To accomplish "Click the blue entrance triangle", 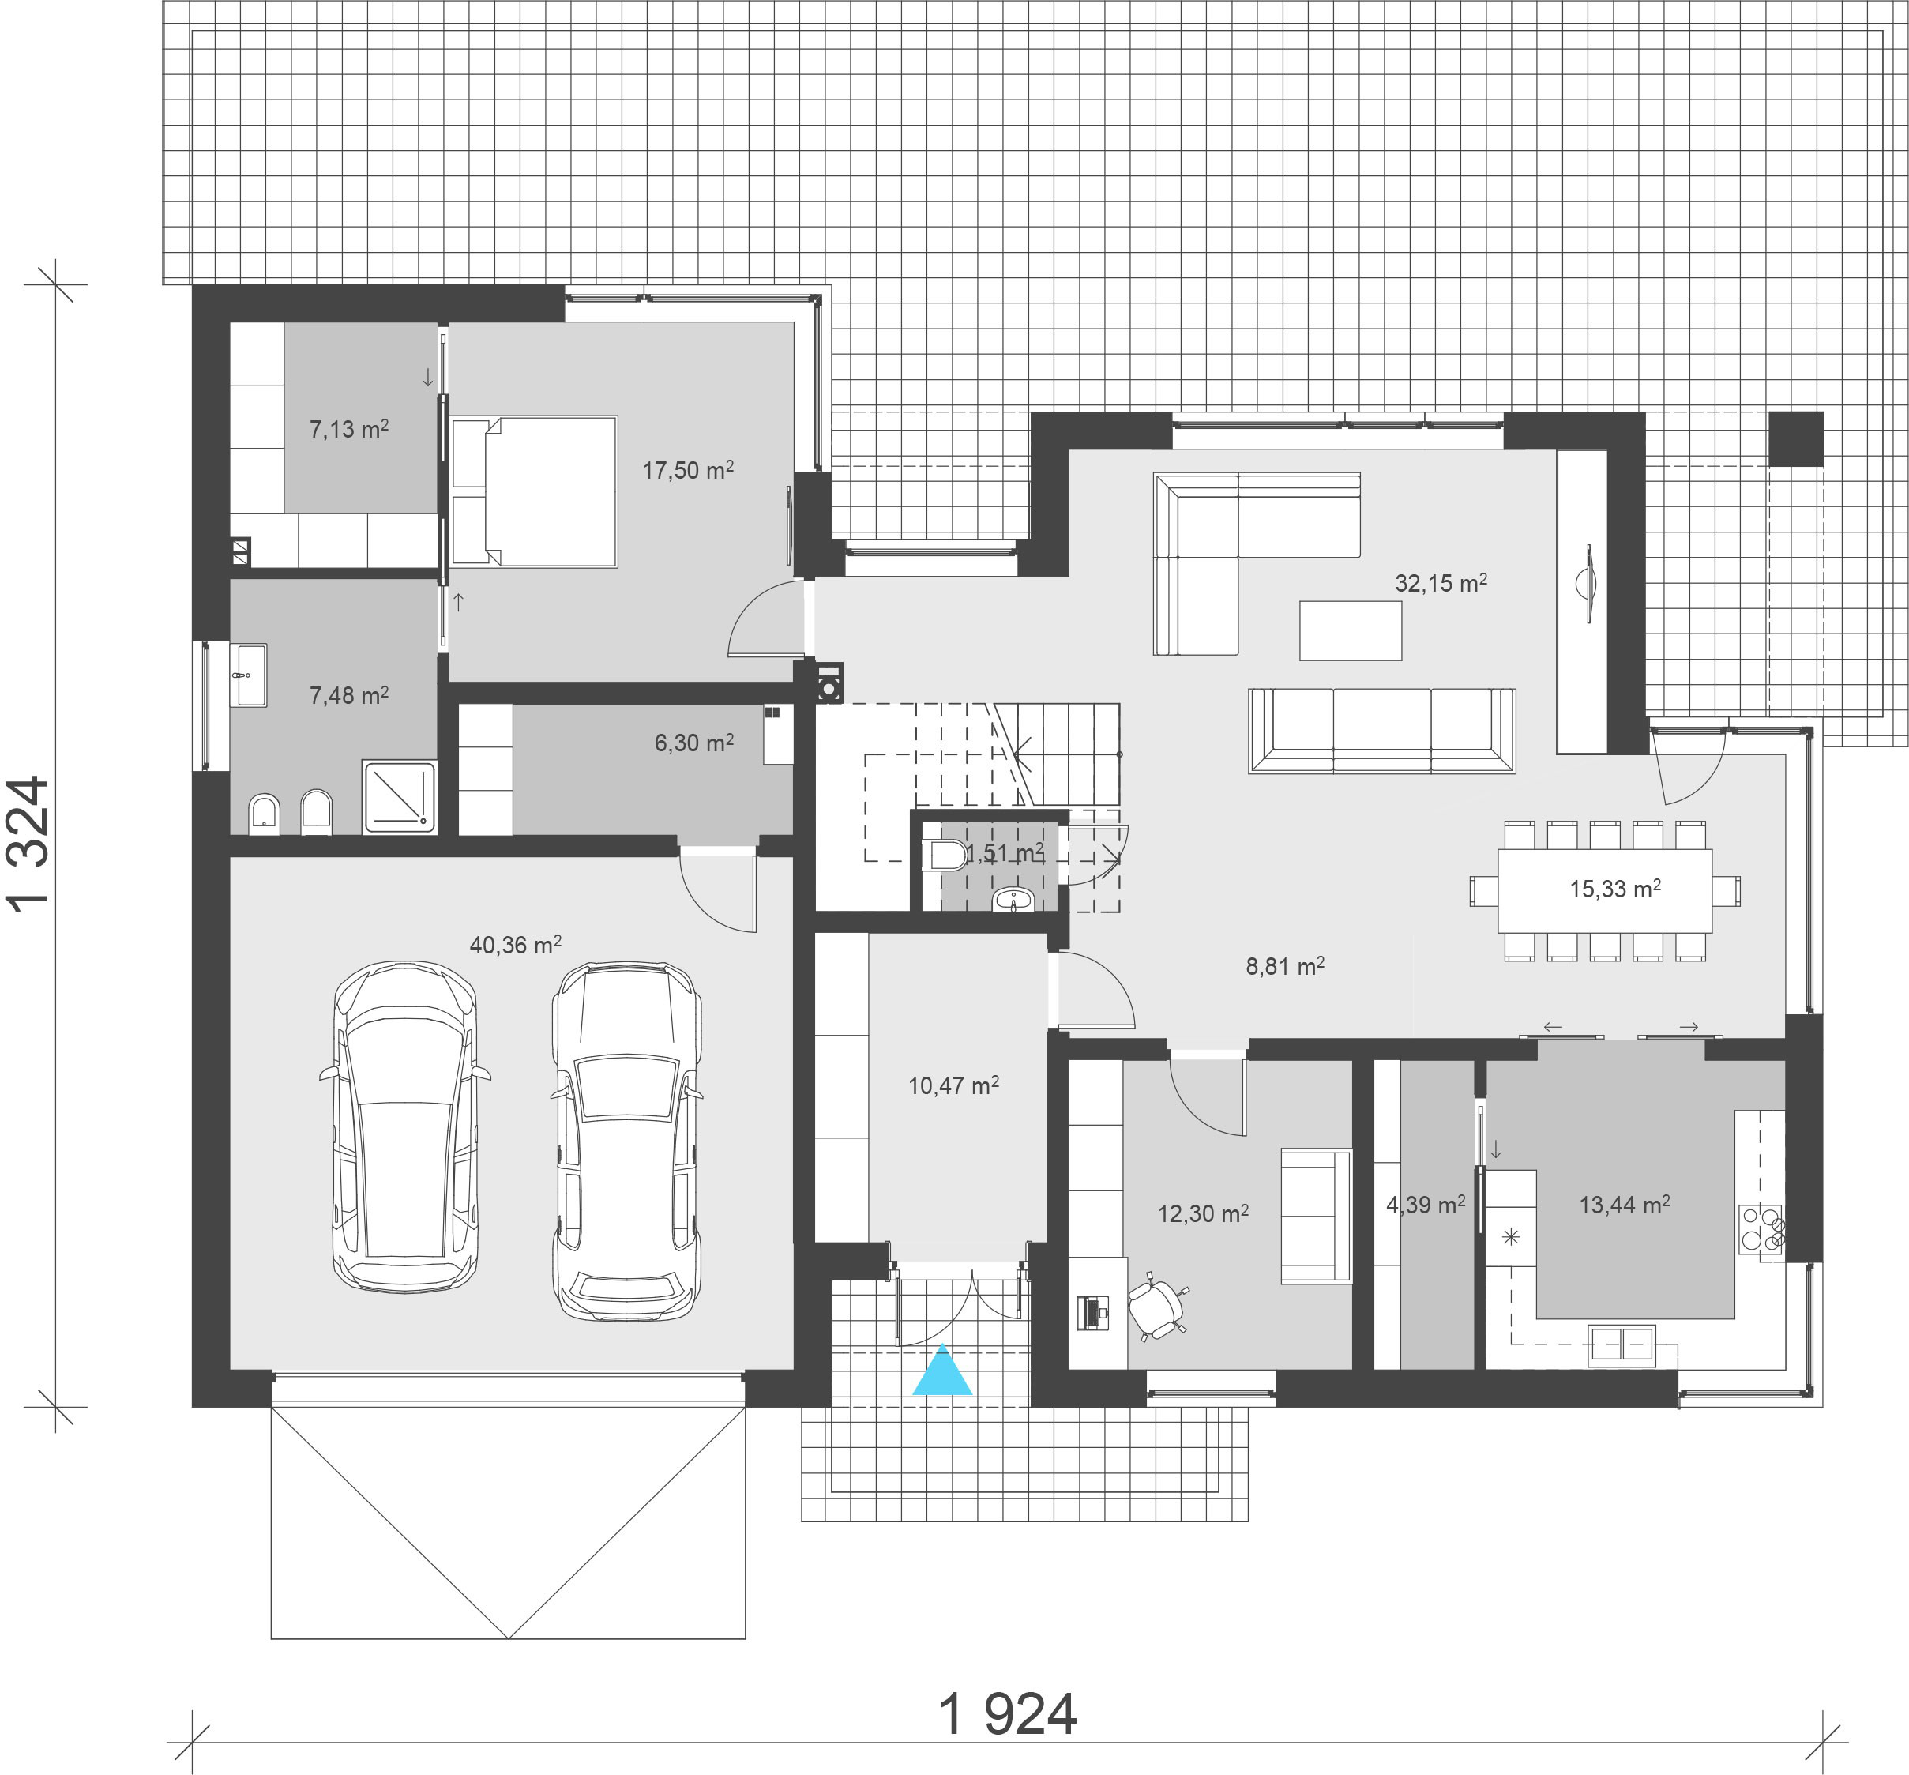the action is coord(943,1371).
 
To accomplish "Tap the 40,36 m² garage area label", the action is coord(516,945).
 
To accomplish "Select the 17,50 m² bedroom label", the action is coord(689,471).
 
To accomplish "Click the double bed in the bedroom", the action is coord(534,492).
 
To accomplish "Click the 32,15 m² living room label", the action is coord(1441,583).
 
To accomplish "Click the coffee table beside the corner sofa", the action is coord(1350,630).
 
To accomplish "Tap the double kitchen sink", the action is coord(1622,1345).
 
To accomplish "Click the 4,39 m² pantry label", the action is coord(1426,1205).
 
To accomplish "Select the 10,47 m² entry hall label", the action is coord(953,1086).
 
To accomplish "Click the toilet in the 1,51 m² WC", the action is coord(949,854).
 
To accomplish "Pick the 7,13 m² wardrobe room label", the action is coord(348,430).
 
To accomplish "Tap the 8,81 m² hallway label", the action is coord(1285,966).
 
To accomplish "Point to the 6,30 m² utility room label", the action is coord(694,743).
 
